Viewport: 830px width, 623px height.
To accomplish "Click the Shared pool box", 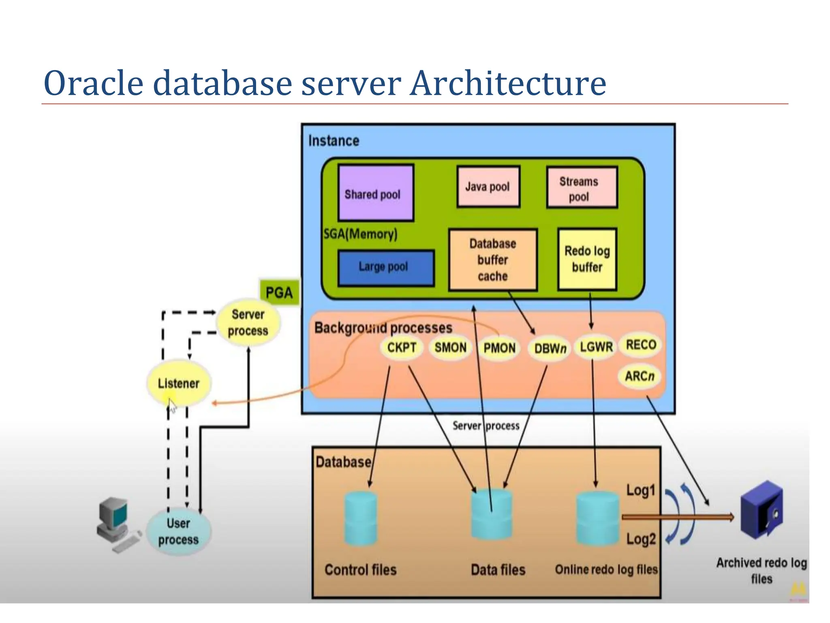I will point(376,193).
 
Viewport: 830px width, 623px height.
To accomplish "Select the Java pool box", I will point(488,187).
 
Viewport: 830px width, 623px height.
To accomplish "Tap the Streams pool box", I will point(582,187).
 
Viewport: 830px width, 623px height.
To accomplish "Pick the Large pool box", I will point(385,268).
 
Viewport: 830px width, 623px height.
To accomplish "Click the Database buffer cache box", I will point(493,260).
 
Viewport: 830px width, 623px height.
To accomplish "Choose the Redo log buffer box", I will point(587,259).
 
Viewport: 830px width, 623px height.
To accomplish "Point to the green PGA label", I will point(279,292).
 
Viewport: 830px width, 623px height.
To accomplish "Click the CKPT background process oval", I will point(402,348).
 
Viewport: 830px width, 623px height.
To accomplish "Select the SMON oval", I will point(450,348).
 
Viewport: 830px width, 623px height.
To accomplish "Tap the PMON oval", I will point(499,348).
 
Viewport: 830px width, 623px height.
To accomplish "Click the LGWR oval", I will point(596,347).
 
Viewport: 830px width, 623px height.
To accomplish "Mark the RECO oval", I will point(641,345).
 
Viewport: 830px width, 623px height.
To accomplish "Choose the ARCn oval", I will point(640,376).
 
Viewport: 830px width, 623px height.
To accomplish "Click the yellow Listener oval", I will point(179,383).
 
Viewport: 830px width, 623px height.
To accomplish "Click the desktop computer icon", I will point(116,523).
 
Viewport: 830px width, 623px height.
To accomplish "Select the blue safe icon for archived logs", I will point(761,510).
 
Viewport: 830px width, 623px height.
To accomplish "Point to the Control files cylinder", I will point(360,519).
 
